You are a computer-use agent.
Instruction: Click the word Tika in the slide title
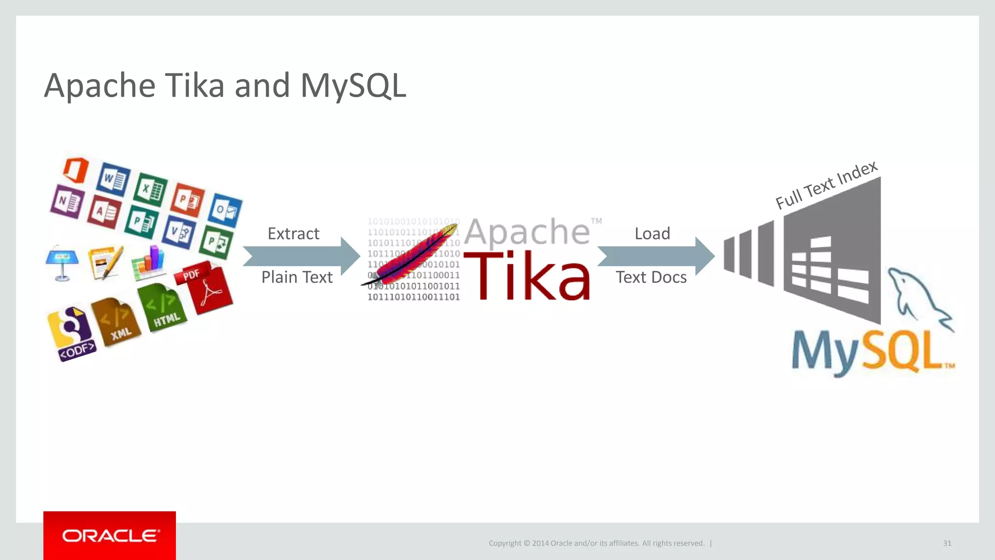pos(195,86)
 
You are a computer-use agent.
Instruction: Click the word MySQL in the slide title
pos(353,86)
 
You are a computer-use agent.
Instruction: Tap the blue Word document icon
pos(113,179)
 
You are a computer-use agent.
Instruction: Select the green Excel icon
pos(150,189)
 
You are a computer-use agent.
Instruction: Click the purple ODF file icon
pos(72,334)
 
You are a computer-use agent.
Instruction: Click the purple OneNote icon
pos(67,201)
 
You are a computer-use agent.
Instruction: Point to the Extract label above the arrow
pos(293,234)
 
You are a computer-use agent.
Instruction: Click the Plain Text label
pos(297,277)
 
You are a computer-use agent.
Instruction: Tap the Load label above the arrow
pos(652,234)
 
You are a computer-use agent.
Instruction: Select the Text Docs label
pos(651,277)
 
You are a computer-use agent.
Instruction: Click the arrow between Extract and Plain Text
pos(301,256)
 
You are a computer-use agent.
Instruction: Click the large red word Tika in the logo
pos(528,276)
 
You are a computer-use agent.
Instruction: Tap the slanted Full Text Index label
pos(826,185)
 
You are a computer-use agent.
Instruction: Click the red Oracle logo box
pos(109,535)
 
